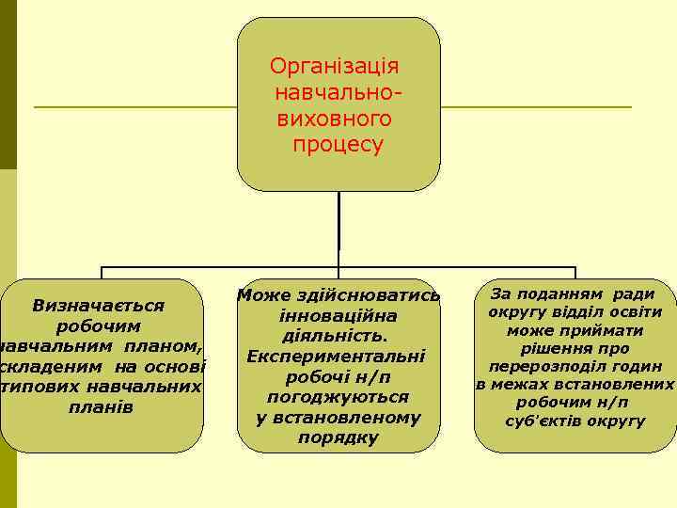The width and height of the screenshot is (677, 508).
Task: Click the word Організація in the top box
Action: pos(335,67)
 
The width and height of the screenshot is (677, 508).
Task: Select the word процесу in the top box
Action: pos(338,146)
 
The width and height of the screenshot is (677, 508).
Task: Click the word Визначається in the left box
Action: pos(99,305)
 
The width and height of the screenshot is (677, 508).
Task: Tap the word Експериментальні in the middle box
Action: pos(337,357)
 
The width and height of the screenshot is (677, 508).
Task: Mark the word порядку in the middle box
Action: pos(338,437)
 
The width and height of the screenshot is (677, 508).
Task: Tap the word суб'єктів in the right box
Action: pos(543,420)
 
